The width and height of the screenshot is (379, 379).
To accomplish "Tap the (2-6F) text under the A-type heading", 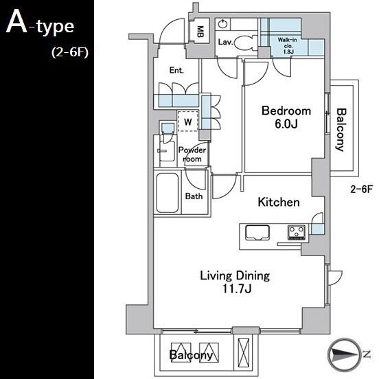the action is [x=70, y=52].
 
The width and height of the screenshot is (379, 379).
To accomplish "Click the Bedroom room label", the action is [x=286, y=111].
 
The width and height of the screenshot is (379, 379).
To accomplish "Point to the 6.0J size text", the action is [x=286, y=124].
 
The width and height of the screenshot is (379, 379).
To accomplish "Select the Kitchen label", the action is [x=279, y=202].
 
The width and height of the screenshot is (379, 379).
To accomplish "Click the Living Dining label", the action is [x=235, y=276].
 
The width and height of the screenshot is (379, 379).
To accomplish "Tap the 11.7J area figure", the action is [x=237, y=288].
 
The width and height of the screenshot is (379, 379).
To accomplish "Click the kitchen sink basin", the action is [x=257, y=233].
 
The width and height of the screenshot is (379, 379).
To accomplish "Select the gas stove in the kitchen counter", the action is [x=297, y=232].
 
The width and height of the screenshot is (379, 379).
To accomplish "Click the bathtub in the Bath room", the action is [x=168, y=193].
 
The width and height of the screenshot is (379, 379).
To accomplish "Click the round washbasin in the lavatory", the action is [x=222, y=25].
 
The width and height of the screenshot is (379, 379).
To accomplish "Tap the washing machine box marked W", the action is [x=188, y=122].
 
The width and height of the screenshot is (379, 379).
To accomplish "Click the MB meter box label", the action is [x=200, y=32].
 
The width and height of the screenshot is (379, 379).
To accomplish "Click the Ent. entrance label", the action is [x=176, y=70].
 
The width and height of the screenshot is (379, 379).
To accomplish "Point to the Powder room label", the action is [x=192, y=154].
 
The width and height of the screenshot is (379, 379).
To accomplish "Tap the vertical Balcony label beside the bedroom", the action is [x=341, y=130].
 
